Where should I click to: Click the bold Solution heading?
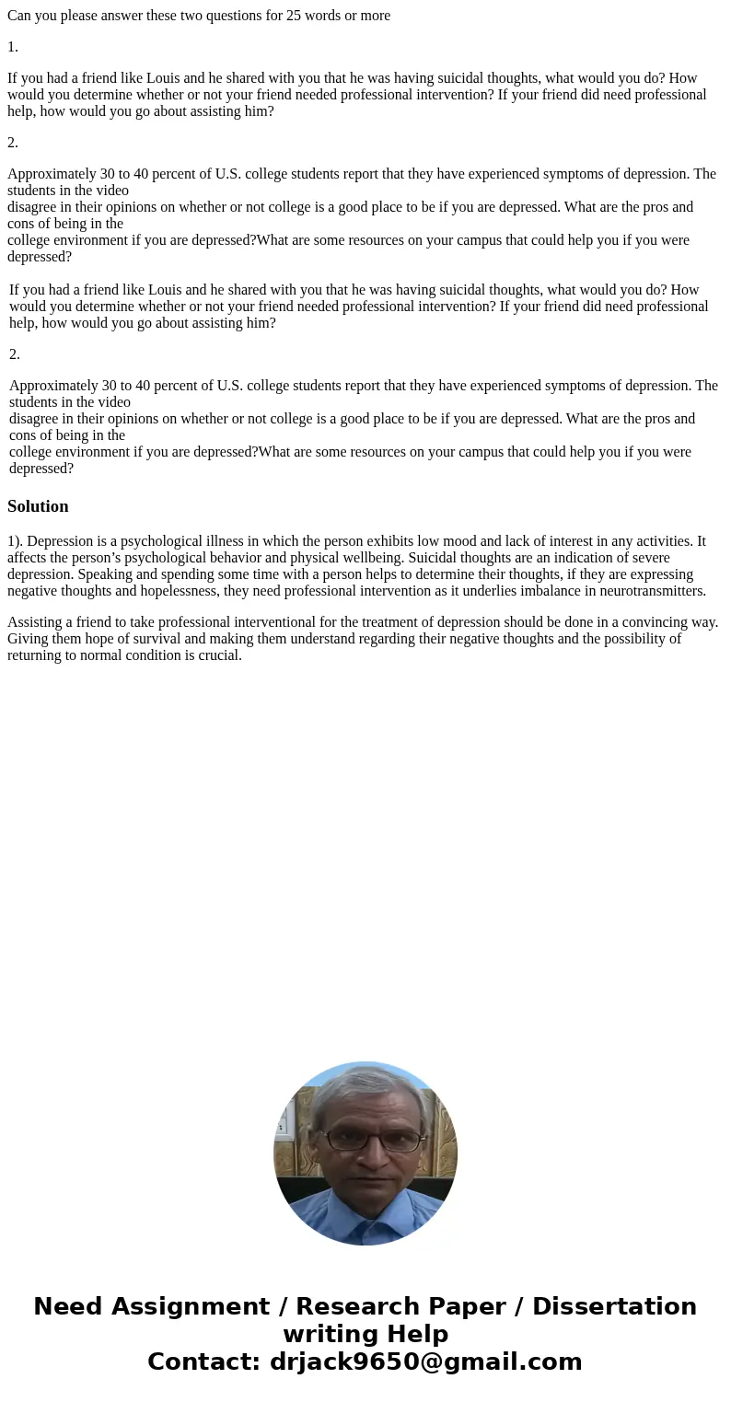[38, 506]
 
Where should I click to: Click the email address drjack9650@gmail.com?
[425, 1361]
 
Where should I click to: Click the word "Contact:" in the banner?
[204, 1361]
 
